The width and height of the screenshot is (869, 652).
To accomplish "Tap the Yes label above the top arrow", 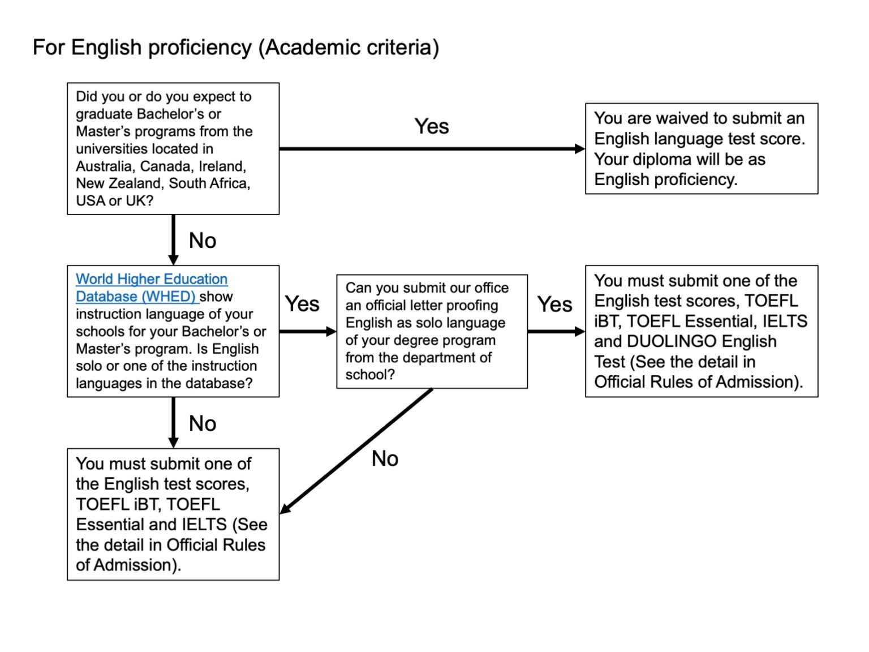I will click(431, 126).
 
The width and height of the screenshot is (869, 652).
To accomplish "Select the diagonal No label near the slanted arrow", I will click(385, 458).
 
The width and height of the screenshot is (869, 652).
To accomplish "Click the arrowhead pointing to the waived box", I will click(580, 149).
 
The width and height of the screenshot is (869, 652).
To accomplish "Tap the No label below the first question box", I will click(202, 241).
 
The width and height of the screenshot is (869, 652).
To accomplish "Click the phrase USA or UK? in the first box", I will click(114, 201).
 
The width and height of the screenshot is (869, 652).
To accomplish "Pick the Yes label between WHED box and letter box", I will click(302, 304).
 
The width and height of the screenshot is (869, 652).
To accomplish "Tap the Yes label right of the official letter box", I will click(554, 304).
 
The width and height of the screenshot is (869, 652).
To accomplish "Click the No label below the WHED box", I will click(202, 423).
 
